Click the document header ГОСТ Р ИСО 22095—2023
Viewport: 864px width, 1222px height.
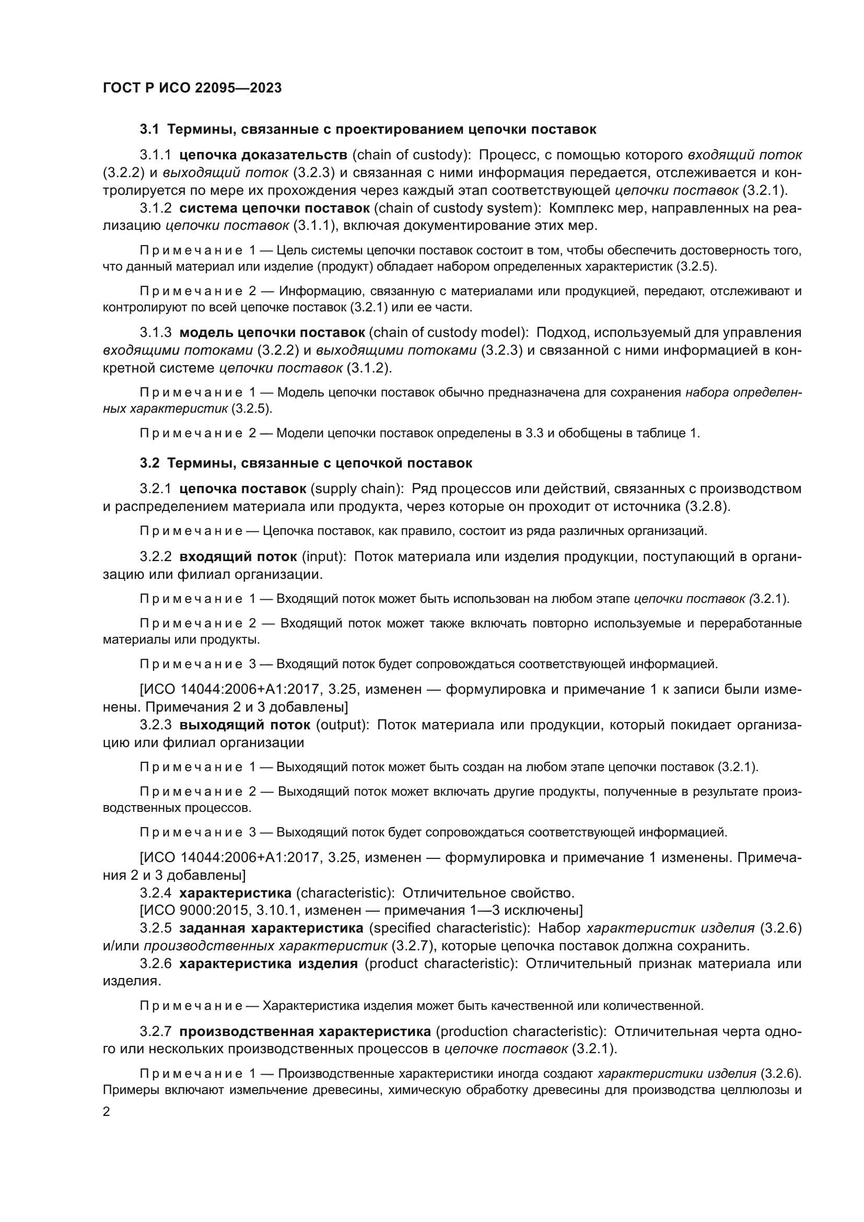click(192, 88)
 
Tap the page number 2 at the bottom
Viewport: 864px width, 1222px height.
click(107, 1112)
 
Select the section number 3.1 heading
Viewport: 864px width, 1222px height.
click(149, 130)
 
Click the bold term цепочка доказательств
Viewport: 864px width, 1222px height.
click(263, 155)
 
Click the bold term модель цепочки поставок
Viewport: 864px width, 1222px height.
click(272, 333)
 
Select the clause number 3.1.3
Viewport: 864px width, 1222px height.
click(155, 333)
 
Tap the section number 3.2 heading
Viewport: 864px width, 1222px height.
click(149, 463)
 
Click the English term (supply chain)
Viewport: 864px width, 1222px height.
click(357, 488)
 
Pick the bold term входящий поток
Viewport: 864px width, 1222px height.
click(238, 557)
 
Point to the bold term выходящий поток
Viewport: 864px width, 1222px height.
click(244, 725)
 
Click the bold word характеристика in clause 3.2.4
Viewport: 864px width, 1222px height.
click(235, 892)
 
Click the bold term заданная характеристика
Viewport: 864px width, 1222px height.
click(271, 928)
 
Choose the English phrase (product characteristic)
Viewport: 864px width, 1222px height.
click(441, 963)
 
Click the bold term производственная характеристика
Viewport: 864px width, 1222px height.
click(305, 1031)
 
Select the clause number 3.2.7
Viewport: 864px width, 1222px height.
click(155, 1031)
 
